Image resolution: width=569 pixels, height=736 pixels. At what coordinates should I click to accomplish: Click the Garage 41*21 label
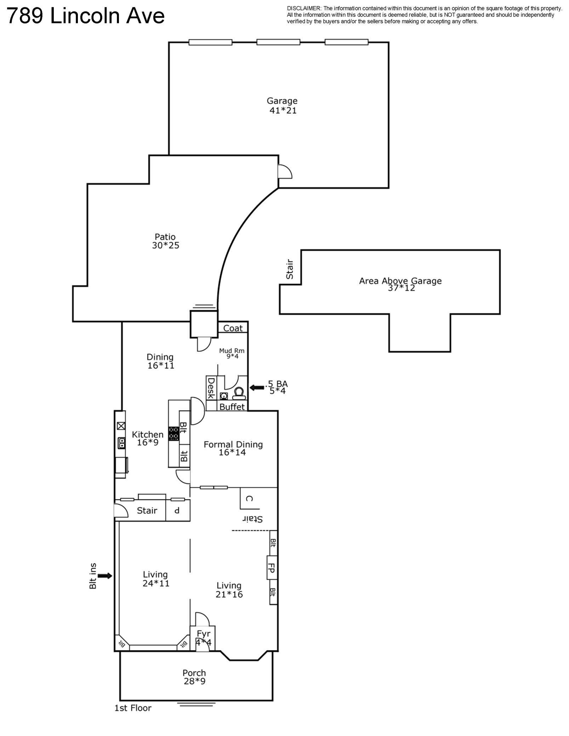(282, 105)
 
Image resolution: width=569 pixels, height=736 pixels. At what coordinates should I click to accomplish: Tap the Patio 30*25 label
(165, 241)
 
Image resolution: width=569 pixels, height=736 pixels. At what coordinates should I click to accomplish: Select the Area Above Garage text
(400, 281)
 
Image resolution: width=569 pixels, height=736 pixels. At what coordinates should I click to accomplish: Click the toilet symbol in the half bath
(239, 393)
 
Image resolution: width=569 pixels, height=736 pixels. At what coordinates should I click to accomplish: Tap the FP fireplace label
(272, 570)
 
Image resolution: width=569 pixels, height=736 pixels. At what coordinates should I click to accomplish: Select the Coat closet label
(233, 328)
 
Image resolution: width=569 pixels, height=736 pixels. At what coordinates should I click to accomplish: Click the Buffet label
(232, 407)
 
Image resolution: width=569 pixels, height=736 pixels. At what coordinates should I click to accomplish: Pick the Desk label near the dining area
(211, 388)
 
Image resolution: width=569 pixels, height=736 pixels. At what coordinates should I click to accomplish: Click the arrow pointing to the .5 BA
(257, 387)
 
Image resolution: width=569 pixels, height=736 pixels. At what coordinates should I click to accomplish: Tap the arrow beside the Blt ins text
(105, 576)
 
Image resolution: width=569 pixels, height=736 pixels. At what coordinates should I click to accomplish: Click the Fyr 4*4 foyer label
(204, 638)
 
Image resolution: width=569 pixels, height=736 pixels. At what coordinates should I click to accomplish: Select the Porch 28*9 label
(194, 677)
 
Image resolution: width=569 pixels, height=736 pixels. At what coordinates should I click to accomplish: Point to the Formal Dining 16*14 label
(233, 448)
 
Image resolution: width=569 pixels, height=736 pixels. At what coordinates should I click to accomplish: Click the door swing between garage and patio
(284, 172)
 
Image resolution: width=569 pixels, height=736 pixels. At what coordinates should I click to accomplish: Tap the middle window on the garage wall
(278, 42)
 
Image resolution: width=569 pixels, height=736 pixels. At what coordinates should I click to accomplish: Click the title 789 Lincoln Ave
(86, 16)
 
